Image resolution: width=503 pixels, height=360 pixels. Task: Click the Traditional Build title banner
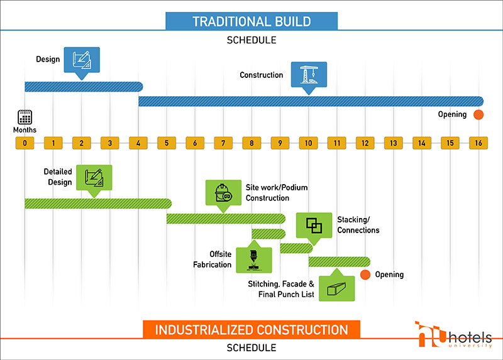pyautogui.click(x=251, y=21)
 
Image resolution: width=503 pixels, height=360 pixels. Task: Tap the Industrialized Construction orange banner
pyautogui.click(x=251, y=329)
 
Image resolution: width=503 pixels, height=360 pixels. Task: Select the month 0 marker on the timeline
pyautogui.click(x=25, y=143)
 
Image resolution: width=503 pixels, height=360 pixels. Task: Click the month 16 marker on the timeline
pyautogui.click(x=478, y=143)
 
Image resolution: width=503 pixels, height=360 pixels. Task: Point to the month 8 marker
pyautogui.click(x=251, y=143)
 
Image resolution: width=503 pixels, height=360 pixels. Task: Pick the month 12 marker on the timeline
pyautogui.click(x=365, y=143)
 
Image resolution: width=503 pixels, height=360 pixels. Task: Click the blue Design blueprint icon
pyautogui.click(x=82, y=60)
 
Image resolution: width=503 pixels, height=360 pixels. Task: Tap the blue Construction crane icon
pyautogui.click(x=309, y=75)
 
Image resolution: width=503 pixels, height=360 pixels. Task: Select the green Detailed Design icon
pyautogui.click(x=94, y=178)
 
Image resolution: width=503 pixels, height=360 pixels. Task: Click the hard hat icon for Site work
pyautogui.click(x=223, y=193)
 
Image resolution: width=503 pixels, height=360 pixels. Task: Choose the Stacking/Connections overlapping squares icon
pyautogui.click(x=314, y=226)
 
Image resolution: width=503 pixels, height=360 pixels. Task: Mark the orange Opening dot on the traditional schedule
pyautogui.click(x=478, y=114)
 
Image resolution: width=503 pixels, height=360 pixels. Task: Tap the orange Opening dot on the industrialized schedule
pyautogui.click(x=365, y=275)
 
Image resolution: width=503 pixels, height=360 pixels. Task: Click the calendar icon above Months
pyautogui.click(x=25, y=117)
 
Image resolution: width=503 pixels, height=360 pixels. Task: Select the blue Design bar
pyautogui.click(x=84, y=87)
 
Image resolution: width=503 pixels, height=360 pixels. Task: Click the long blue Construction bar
pyautogui.click(x=311, y=101)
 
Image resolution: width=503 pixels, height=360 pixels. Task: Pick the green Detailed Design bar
pyautogui.click(x=98, y=204)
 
